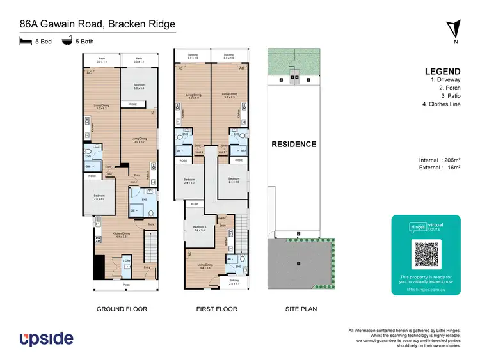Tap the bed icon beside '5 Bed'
click(26, 41)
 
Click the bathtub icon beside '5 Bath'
click(66, 41)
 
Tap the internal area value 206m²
click(452, 160)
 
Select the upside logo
click(46, 338)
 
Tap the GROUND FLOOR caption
click(122, 309)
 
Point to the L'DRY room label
click(127, 260)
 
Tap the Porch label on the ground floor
click(126, 284)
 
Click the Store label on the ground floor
click(151, 224)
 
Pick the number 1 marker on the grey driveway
click(297, 262)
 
